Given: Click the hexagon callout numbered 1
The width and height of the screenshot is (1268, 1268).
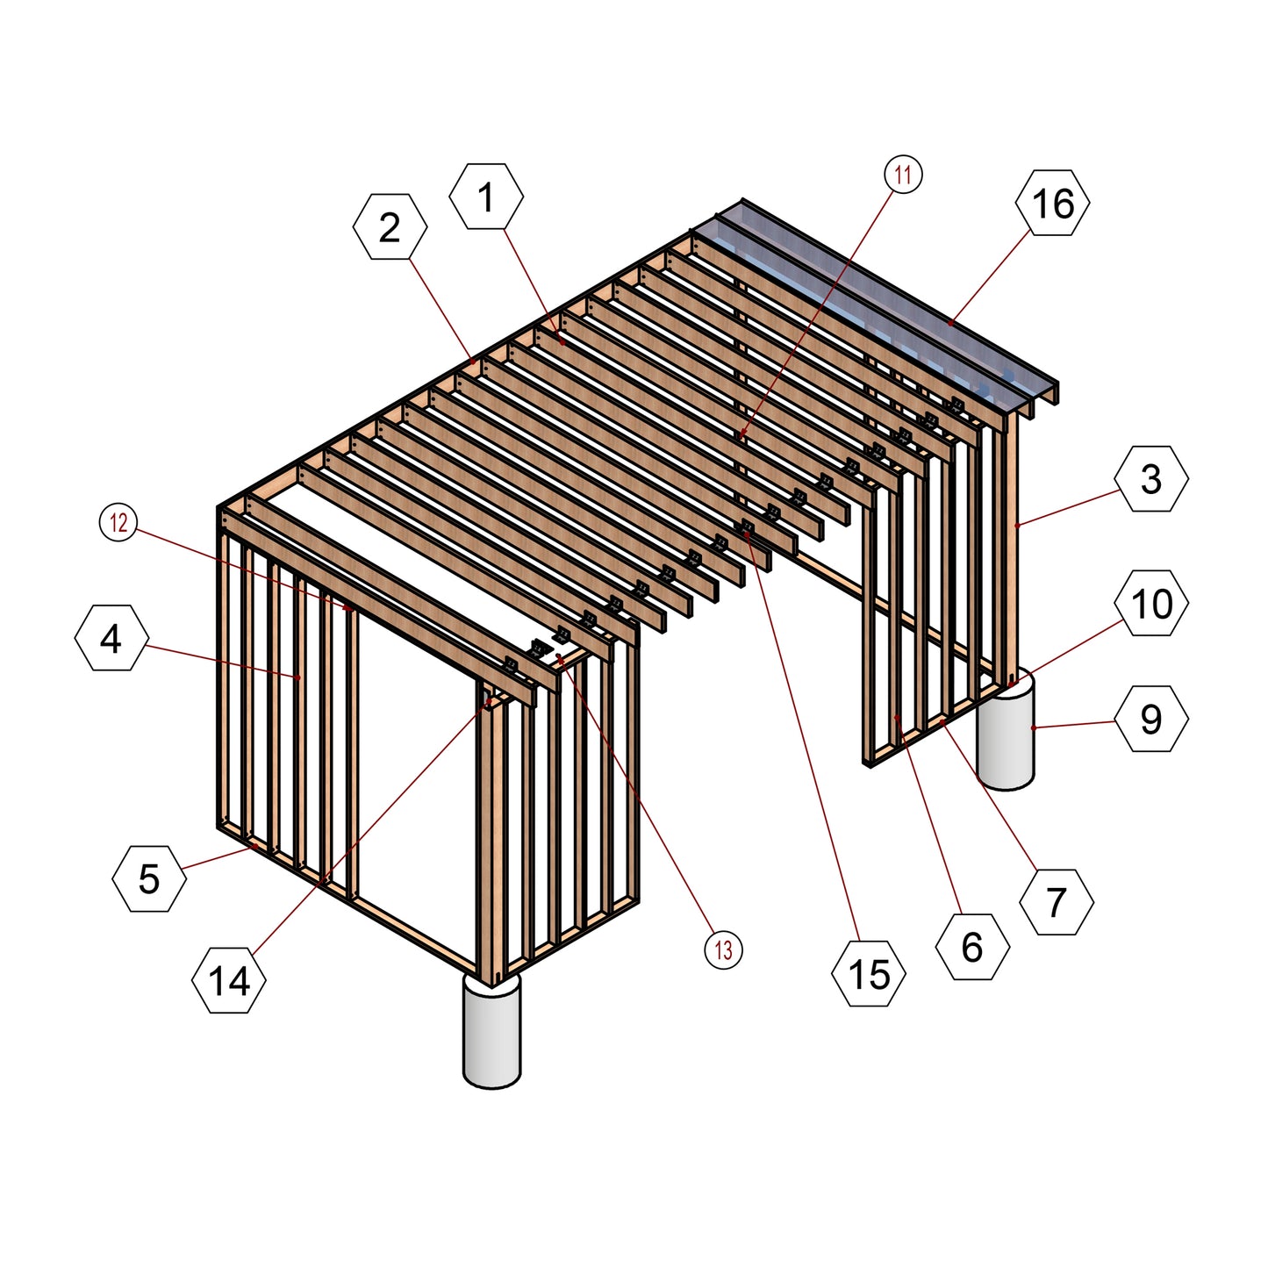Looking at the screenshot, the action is [486, 196].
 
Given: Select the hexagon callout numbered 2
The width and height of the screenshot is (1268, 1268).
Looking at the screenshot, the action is [390, 227].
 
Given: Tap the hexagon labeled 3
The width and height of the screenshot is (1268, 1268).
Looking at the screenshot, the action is [1151, 478].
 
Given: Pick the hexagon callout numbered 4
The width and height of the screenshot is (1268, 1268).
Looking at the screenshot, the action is [111, 638].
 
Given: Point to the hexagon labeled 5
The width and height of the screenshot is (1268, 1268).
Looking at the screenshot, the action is [149, 878].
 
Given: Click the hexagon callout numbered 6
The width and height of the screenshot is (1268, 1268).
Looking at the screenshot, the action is [972, 947].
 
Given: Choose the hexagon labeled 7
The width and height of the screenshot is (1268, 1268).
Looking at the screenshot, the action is [1057, 901].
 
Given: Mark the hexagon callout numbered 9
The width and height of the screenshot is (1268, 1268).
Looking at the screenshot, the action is [1151, 719].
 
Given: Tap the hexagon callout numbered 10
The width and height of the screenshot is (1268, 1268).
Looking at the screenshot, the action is [1151, 603].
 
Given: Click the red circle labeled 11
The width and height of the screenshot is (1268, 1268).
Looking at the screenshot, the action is [903, 175].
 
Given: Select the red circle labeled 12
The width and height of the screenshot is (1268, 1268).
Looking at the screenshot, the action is [118, 522].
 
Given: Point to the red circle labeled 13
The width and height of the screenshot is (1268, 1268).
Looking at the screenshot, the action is [723, 949].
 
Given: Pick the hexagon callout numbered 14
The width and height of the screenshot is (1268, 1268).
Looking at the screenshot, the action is [229, 980].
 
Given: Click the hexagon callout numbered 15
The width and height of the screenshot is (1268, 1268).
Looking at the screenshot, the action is [869, 973].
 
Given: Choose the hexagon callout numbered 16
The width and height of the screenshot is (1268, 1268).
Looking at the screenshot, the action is [1052, 203].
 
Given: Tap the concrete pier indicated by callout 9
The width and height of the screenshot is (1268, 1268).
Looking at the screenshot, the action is [1006, 730].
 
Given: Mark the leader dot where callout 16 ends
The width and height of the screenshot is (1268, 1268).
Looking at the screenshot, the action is [950, 323].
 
